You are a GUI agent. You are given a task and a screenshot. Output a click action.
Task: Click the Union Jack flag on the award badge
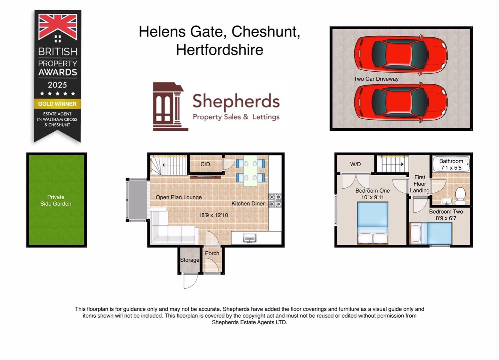(58, 27)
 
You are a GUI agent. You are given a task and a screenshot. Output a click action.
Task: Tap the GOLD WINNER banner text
(57, 104)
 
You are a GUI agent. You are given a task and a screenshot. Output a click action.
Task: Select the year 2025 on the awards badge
(57, 85)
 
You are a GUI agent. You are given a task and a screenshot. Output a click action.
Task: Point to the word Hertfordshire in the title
(219, 50)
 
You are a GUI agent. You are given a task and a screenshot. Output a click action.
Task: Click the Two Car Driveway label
(376, 79)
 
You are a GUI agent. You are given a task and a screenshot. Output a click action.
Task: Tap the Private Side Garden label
(56, 200)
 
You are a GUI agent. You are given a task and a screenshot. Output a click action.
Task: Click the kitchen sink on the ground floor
(249, 238)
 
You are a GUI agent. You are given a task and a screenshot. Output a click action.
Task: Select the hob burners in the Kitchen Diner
(275, 200)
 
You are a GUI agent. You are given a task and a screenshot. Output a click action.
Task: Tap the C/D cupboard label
(205, 164)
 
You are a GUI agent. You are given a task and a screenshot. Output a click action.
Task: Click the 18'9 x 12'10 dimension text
(213, 215)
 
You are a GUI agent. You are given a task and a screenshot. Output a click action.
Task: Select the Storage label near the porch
(189, 260)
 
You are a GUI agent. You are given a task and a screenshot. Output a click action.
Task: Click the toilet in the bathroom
(460, 196)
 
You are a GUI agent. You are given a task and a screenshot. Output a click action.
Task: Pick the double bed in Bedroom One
(373, 223)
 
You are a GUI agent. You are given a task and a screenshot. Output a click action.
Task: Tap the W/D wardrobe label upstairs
(355, 164)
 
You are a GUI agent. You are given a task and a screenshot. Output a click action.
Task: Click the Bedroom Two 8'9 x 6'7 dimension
(446, 218)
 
